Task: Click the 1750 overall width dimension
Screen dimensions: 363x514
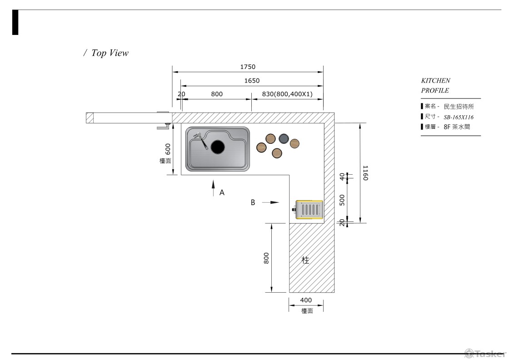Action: (x=248, y=67)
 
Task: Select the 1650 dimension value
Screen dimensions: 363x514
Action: (x=252, y=81)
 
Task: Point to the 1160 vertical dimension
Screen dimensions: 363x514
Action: (x=365, y=173)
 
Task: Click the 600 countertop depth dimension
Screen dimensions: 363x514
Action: (x=168, y=148)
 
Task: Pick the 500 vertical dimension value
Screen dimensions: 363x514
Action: (x=342, y=200)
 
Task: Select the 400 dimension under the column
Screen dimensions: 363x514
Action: (x=306, y=300)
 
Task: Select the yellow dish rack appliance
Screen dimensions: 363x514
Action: (x=309, y=210)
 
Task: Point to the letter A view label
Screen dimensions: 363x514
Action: (x=222, y=192)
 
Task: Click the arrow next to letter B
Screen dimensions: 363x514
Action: (x=271, y=202)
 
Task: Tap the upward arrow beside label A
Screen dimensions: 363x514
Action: (x=213, y=188)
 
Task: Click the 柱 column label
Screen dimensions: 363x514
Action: (x=306, y=260)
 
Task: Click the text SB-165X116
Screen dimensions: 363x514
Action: (x=459, y=117)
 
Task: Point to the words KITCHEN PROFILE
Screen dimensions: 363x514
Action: (x=435, y=85)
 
